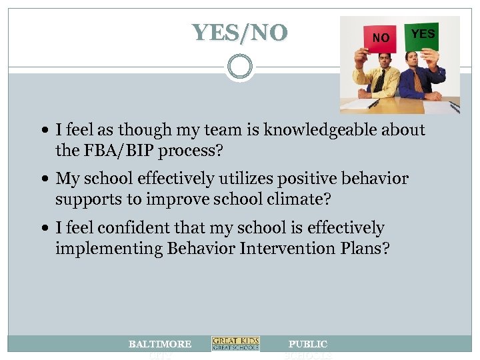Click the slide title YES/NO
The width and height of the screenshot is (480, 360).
click(240, 32)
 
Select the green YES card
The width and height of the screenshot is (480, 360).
click(423, 34)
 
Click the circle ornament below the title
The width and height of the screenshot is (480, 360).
click(239, 67)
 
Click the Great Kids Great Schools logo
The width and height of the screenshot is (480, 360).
click(235, 344)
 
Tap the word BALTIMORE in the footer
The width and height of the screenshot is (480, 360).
click(160, 344)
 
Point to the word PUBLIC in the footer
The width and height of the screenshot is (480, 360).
click(307, 344)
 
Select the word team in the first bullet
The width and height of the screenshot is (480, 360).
click(199, 130)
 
